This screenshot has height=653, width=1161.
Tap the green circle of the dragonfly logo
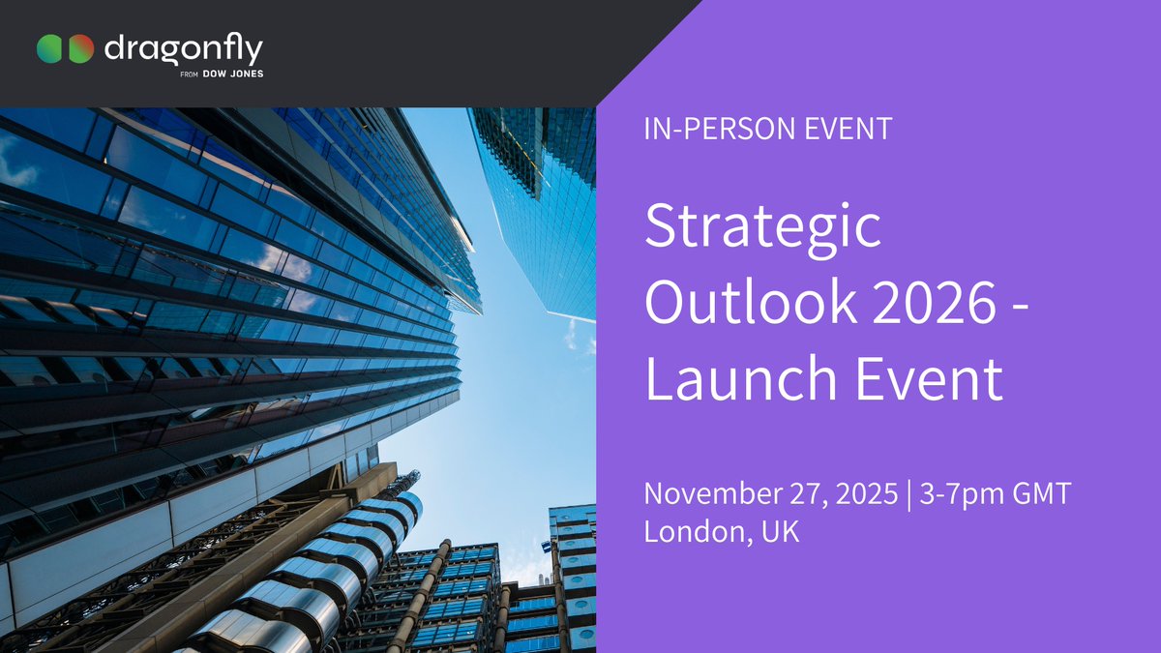[x=50, y=48]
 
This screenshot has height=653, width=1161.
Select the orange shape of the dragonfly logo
[x=81, y=48]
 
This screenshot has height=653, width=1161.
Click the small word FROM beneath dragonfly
[x=191, y=74]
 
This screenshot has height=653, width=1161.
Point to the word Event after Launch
[x=926, y=378]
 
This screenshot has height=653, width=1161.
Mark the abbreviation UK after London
[x=779, y=532]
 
